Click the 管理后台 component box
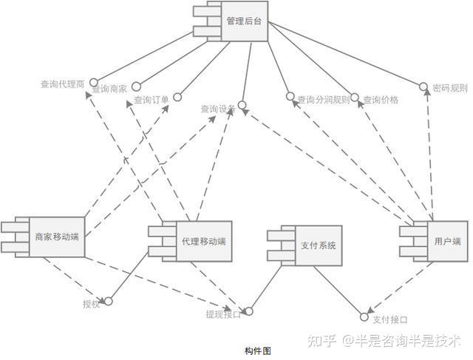pyautogui.click(x=244, y=22)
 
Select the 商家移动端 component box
pyautogui.click(x=56, y=237)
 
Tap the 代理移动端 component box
pyautogui.click(x=203, y=242)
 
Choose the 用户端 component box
pyautogui.click(x=447, y=241)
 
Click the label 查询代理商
pyautogui.click(x=62, y=84)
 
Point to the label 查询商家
pyautogui.click(x=109, y=89)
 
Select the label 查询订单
pyautogui.click(x=152, y=99)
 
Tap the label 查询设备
pyautogui.click(x=217, y=109)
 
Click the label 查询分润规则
pyautogui.click(x=323, y=99)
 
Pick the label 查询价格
pyautogui.click(x=381, y=99)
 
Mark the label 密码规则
pyautogui.click(x=450, y=86)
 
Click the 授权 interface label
pyautogui.click(x=91, y=303)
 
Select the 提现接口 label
pyautogui.click(x=223, y=314)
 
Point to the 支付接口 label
pyautogui.click(x=390, y=319)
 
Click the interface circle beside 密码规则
pyautogui.click(x=423, y=87)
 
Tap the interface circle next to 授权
pyautogui.click(x=108, y=301)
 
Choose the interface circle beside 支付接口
pyautogui.click(x=364, y=317)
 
